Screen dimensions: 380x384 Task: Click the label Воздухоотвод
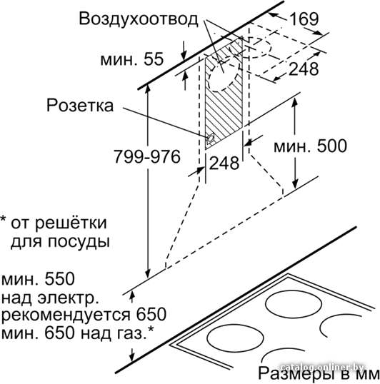138,19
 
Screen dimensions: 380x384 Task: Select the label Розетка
80,106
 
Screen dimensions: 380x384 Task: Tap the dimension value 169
304,19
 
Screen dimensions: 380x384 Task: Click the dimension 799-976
147,156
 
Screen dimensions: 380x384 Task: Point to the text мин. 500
310,146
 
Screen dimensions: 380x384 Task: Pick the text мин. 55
132,59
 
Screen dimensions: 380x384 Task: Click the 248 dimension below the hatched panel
224,163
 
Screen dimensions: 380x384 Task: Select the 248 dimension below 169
304,69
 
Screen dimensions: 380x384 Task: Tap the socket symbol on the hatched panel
210,139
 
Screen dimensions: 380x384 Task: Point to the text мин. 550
38,279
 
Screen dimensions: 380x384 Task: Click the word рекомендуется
66,315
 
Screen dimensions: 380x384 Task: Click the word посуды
79,242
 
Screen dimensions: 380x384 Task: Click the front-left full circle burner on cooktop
235,338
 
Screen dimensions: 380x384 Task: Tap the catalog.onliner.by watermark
323,367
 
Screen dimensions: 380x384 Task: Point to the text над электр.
50,298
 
